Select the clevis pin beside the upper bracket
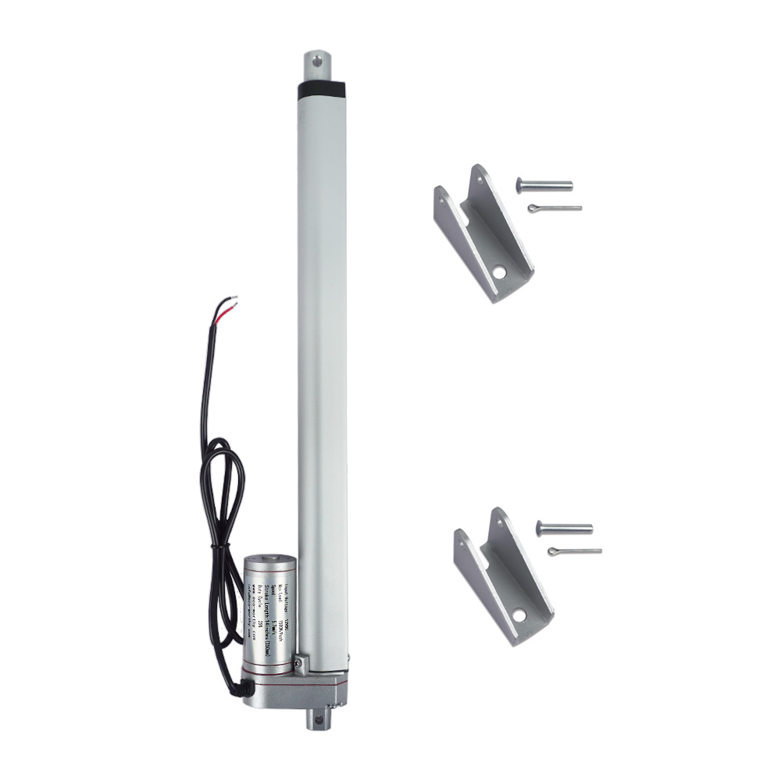tap(544, 185)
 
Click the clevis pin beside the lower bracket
tap(564, 529)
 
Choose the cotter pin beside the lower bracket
tap(574, 551)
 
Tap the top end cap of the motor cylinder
tap(270, 561)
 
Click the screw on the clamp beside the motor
tap(298, 665)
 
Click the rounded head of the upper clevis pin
tap(519, 184)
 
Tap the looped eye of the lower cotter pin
tap(552, 552)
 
